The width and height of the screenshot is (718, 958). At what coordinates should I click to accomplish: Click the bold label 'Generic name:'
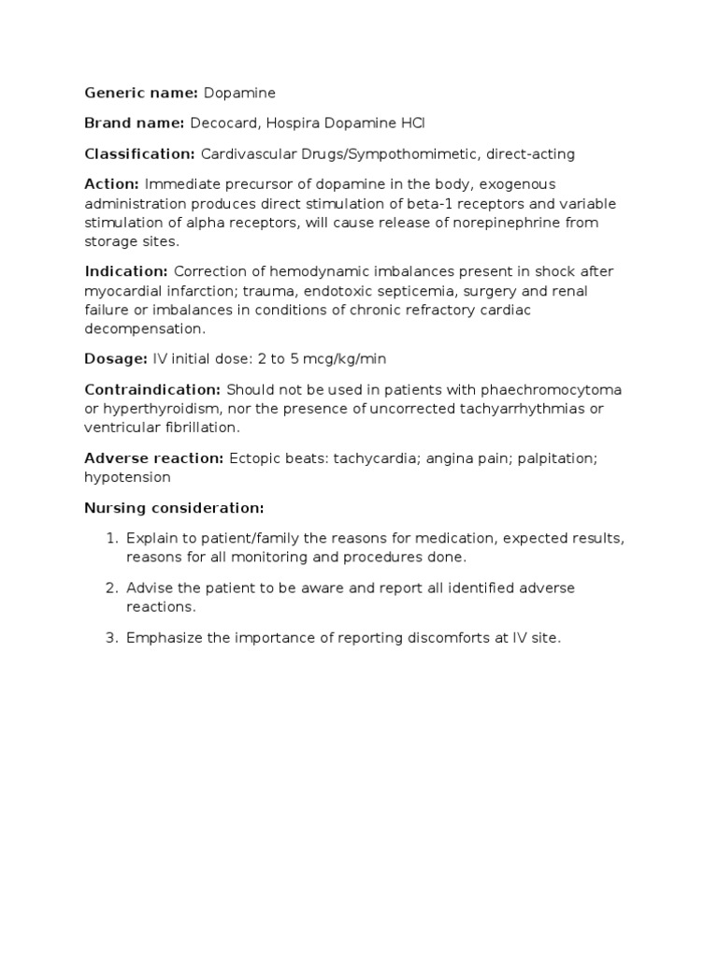click(x=141, y=93)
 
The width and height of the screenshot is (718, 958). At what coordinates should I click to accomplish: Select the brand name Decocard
click(x=220, y=123)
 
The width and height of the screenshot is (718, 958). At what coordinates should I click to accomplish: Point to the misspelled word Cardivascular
click(x=246, y=153)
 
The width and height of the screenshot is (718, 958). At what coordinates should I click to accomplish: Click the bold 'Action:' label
click(x=111, y=184)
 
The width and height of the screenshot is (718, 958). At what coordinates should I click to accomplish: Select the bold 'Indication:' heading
click(x=126, y=271)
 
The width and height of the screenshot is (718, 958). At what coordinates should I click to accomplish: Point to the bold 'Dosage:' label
click(x=116, y=359)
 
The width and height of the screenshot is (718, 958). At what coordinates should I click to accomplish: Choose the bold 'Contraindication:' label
click(x=152, y=389)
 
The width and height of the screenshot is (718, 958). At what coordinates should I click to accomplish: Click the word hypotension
click(x=127, y=477)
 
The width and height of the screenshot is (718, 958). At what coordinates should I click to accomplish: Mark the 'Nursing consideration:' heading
click(x=175, y=508)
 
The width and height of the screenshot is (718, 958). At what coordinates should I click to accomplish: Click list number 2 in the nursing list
click(x=110, y=588)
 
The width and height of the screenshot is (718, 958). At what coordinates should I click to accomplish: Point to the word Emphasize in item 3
click(x=161, y=638)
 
